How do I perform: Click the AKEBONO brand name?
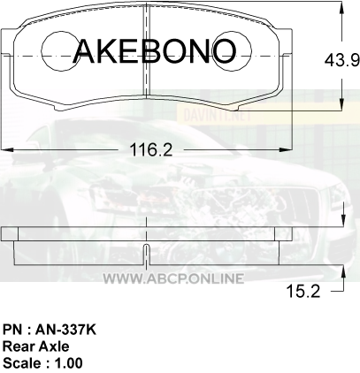[x=154, y=51]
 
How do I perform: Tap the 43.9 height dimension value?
[x=342, y=61]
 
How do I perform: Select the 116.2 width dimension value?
[x=151, y=150]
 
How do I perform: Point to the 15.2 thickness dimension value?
[x=303, y=292]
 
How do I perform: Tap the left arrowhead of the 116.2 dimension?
[x=8, y=150]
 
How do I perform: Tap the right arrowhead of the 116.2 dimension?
[x=286, y=150]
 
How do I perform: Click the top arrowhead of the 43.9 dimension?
[x=342, y=8]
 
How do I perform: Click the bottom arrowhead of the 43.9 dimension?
[x=342, y=104]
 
